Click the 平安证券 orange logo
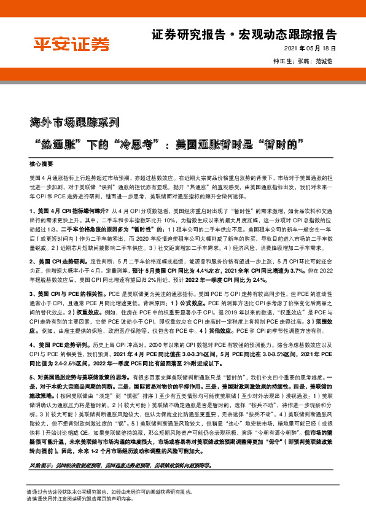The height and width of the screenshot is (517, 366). (71, 44)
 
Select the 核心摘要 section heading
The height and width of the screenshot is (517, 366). (41, 165)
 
